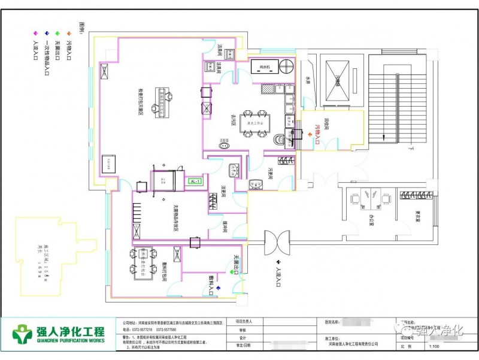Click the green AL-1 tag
(195, 181)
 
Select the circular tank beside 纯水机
(286, 65)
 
